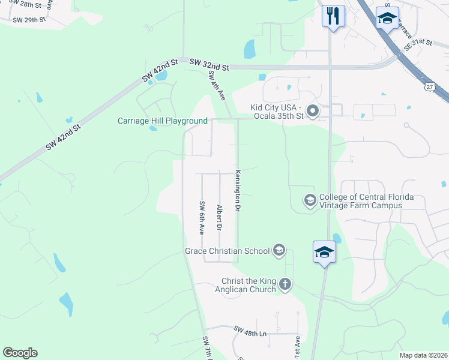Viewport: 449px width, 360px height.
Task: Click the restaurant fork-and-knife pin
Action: (333, 16)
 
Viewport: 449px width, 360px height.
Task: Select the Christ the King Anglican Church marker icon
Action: (285, 284)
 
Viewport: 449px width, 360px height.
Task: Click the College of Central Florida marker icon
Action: (310, 200)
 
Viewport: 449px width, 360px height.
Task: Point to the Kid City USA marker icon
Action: (312, 111)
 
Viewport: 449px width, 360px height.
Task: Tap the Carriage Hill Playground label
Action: (162, 121)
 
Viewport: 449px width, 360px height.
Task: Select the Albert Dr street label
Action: (220, 218)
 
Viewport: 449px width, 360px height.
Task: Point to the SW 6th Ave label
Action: (202, 218)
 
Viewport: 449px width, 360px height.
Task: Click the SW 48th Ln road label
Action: (251, 329)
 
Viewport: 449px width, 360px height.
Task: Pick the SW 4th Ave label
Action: (217, 85)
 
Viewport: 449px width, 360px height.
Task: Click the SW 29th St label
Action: (29, 20)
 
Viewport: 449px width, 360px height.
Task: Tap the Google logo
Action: (20, 353)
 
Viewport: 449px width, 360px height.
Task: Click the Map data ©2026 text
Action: (423, 355)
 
